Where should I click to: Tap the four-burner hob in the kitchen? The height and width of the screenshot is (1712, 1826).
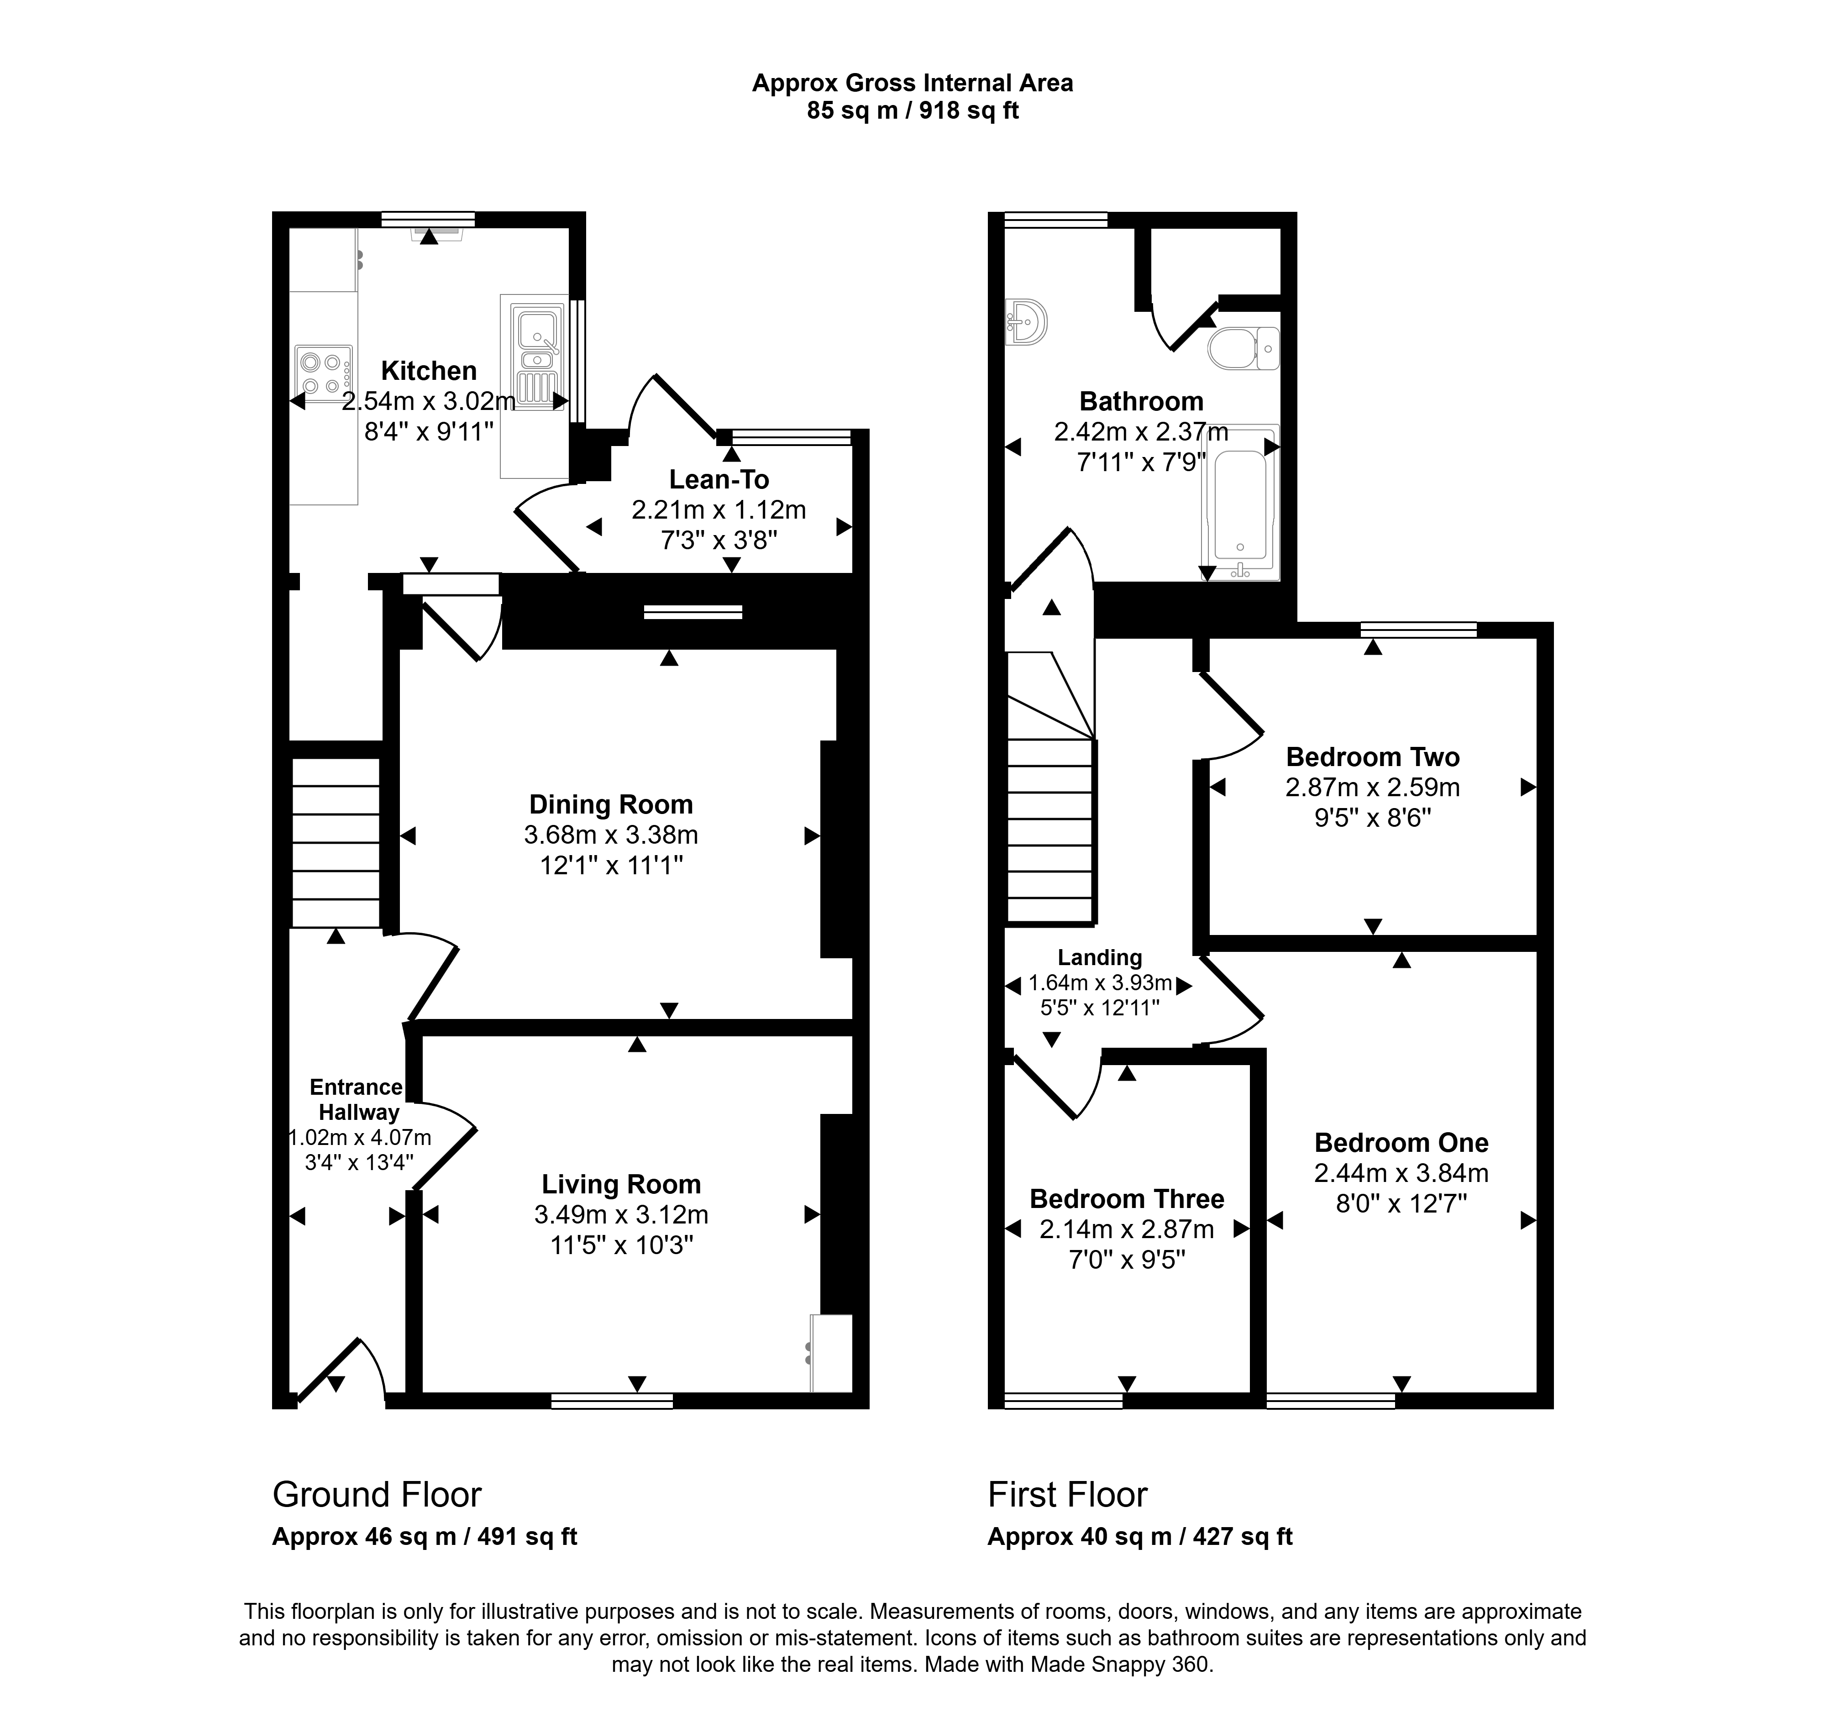[323, 373]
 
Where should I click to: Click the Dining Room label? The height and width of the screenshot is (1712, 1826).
[611, 804]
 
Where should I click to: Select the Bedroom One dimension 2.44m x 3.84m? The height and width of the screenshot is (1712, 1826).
[1401, 1173]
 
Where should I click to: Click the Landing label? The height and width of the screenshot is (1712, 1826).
[1099, 958]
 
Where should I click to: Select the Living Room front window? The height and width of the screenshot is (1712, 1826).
[612, 1401]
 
